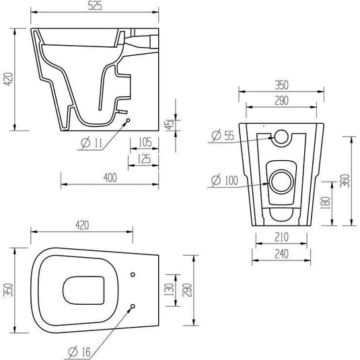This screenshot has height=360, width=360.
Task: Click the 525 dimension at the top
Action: click(95, 6)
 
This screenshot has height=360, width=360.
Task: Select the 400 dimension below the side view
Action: click(110, 178)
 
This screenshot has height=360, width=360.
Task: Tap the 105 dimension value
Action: click(145, 142)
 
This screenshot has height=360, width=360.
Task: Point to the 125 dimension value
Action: click(144, 159)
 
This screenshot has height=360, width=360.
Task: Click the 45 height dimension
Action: click(170, 124)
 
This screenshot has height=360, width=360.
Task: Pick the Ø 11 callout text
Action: click(92, 143)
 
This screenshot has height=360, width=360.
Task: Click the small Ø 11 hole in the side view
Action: click(128, 120)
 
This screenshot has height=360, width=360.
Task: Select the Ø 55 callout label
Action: click(223, 135)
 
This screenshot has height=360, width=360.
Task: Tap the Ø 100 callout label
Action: click(225, 180)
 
